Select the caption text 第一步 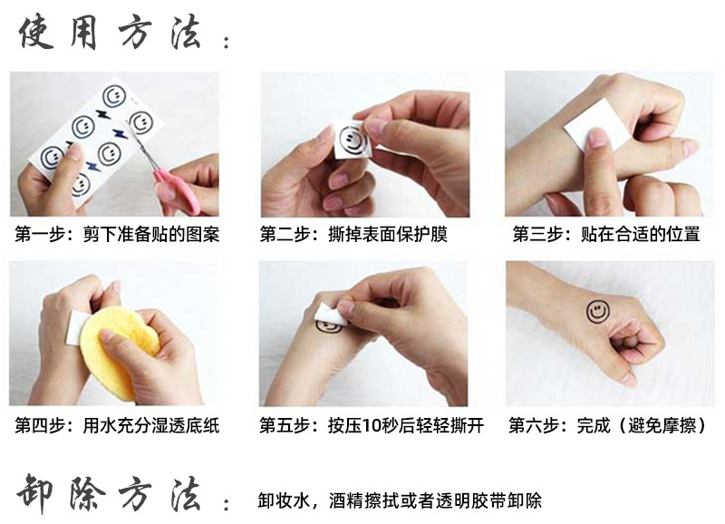click(x=39, y=235)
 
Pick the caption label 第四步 click(x=39, y=425)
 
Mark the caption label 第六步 click(x=534, y=425)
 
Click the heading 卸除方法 click(x=109, y=494)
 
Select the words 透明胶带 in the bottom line click(x=465, y=500)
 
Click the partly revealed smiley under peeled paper click(x=329, y=324)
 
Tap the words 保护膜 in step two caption click(x=425, y=235)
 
